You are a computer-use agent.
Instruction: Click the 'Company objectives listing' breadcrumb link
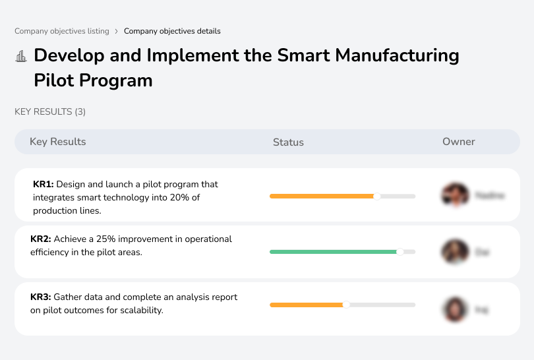(61, 31)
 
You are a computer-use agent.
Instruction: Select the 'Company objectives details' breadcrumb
(172, 31)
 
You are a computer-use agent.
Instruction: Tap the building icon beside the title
(21, 56)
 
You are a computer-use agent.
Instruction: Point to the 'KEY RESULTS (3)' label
(50, 111)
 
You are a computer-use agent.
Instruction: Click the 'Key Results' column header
(57, 142)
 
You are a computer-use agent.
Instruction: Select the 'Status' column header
(288, 142)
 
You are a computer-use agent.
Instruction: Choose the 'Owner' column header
(458, 142)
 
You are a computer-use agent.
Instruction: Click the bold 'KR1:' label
(44, 185)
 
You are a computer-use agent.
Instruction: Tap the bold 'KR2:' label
(41, 239)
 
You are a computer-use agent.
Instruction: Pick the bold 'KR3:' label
(41, 297)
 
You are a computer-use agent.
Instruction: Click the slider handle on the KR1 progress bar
(377, 196)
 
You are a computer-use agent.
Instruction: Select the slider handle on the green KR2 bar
(400, 252)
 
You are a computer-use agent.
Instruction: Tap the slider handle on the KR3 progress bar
(346, 305)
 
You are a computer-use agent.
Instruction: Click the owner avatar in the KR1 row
(454, 195)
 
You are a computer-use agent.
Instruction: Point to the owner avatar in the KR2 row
(454, 251)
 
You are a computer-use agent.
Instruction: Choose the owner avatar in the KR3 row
(454, 309)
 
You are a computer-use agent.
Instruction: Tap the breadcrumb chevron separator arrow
(116, 31)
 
